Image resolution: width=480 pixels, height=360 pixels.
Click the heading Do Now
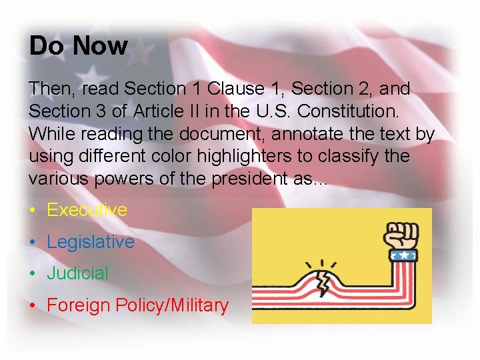(78, 46)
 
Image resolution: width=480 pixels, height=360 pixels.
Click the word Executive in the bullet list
(87, 210)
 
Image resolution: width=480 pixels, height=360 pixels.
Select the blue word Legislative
(90, 241)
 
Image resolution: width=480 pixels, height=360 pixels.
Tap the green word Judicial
(77, 273)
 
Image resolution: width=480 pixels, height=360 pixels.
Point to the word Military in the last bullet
(199, 305)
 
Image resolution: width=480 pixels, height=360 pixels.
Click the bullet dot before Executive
(33, 211)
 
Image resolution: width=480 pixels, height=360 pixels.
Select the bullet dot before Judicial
(33, 273)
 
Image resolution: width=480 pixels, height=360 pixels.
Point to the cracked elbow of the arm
(322, 279)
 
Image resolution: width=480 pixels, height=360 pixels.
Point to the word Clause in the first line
(235, 88)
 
